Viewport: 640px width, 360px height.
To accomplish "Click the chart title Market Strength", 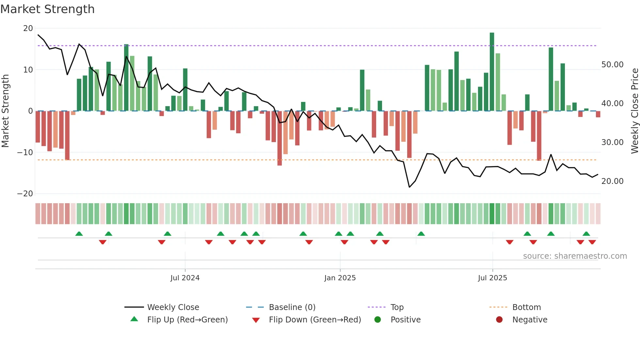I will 48,9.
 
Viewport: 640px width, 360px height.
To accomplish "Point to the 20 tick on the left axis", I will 28,28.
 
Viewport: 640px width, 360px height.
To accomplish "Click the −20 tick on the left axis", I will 25,194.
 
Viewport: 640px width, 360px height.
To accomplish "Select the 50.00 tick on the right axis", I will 612,65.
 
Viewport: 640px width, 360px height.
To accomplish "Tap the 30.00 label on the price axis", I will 612,142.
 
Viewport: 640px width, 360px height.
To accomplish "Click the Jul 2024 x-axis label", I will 185,278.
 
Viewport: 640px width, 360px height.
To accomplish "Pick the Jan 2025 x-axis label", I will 340,278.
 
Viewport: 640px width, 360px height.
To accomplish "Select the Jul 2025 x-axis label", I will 492,278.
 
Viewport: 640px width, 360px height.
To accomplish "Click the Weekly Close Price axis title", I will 634,111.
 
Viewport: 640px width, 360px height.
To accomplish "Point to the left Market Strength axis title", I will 6,111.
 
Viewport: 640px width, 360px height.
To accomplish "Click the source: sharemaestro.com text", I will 575,256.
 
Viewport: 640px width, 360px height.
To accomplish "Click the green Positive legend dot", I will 378,320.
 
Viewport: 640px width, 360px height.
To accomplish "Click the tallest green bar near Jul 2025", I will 492,72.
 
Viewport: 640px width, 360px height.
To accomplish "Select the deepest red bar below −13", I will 280,139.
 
